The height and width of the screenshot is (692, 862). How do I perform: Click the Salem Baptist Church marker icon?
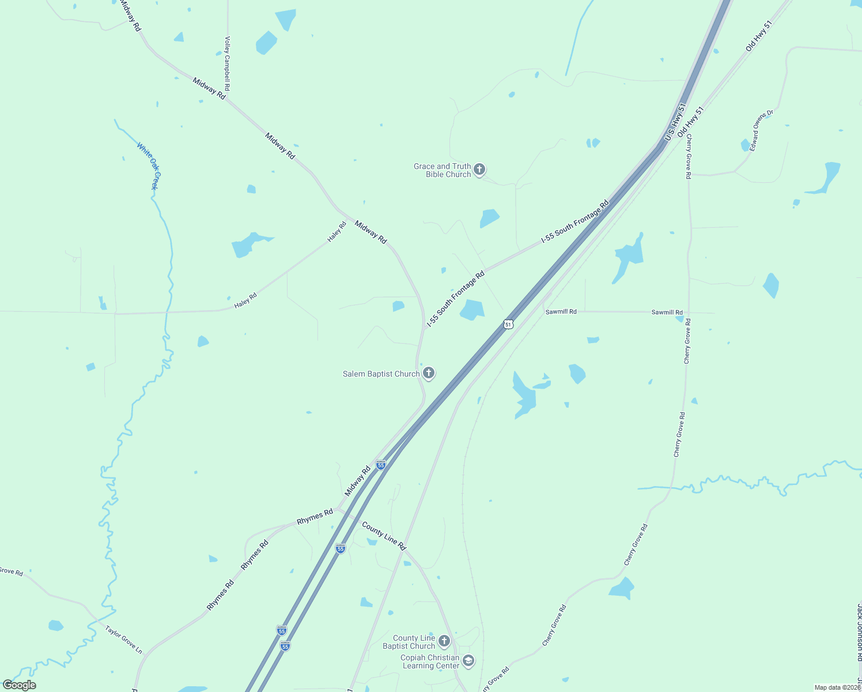(428, 374)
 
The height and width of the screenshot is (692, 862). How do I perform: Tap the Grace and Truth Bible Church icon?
(479, 170)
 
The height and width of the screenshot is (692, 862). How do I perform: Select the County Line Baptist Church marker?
(444, 641)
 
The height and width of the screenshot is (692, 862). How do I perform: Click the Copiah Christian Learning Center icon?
(468, 661)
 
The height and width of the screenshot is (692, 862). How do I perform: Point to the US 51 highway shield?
(508, 325)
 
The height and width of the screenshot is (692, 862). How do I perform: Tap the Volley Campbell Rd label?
(227, 63)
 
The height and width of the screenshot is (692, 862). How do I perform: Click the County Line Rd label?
(384, 536)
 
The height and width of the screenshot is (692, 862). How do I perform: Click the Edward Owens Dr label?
(761, 131)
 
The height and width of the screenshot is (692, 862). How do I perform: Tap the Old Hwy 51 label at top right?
(758, 36)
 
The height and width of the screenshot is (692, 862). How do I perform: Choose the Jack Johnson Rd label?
(859, 631)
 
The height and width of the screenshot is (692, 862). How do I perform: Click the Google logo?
(20, 685)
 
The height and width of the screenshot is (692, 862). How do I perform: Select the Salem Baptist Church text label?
(381, 374)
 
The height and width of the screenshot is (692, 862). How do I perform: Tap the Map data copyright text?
(837, 687)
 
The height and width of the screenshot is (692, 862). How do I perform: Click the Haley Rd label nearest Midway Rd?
(337, 231)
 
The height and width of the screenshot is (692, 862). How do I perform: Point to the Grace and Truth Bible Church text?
(442, 170)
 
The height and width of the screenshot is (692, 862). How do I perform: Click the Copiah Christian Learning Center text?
(430, 661)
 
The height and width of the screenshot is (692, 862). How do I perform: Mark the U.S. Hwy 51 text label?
(675, 122)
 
